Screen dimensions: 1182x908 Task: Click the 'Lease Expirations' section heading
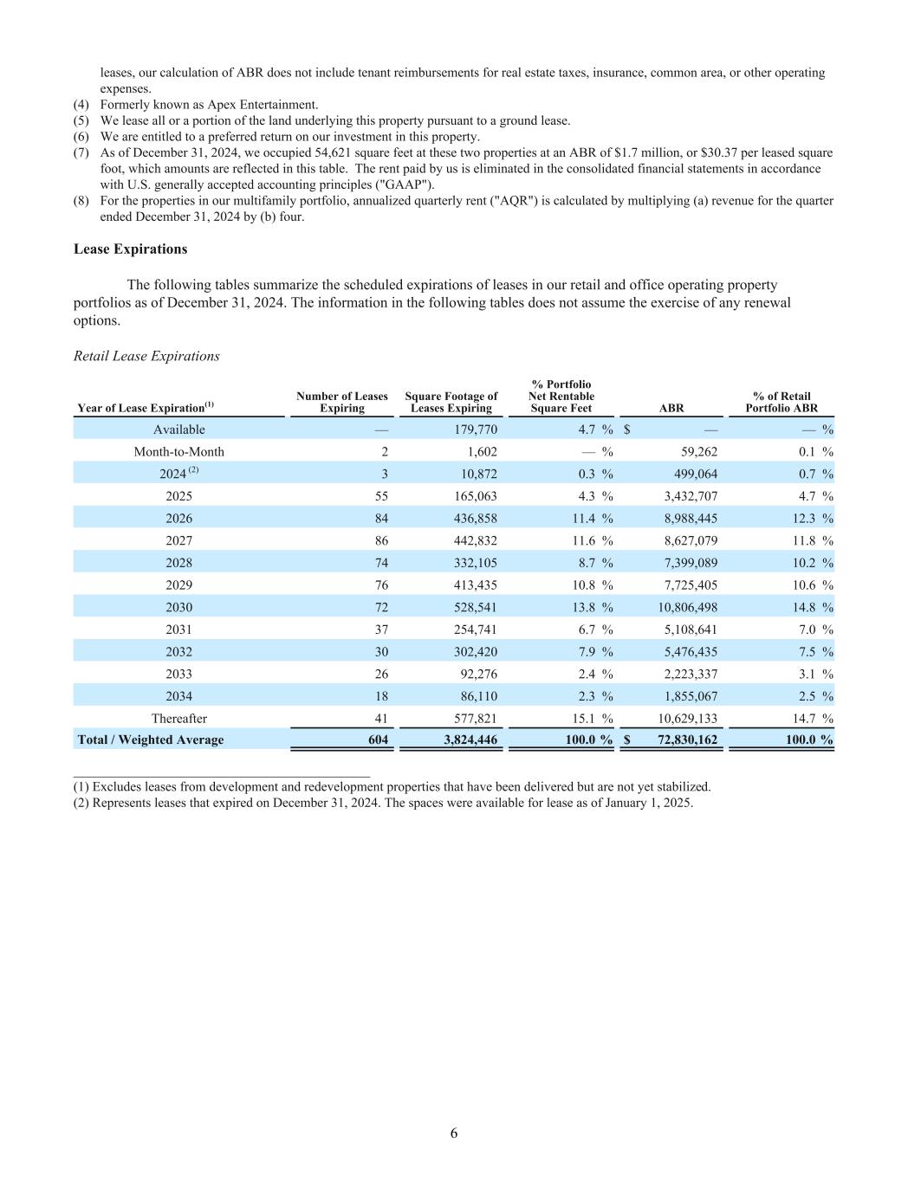click(130, 249)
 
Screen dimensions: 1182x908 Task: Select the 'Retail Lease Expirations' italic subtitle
click(146, 356)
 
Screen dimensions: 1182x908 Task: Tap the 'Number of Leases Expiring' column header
click(341, 402)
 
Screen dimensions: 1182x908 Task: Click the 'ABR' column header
click(671, 408)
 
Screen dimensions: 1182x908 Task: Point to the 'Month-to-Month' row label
click(178, 452)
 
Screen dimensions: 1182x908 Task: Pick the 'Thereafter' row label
click(178, 719)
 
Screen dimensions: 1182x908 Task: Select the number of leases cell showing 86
click(381, 540)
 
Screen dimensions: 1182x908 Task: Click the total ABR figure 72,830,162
click(683, 740)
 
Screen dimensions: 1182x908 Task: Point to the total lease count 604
click(378, 740)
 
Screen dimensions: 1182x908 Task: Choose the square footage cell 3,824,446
click(470, 740)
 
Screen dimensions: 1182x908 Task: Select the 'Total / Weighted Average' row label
click(151, 740)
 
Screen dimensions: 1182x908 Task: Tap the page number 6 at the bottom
click(454, 1134)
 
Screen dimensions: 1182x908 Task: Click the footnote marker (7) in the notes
click(81, 152)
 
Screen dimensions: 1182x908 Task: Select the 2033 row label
click(178, 674)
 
